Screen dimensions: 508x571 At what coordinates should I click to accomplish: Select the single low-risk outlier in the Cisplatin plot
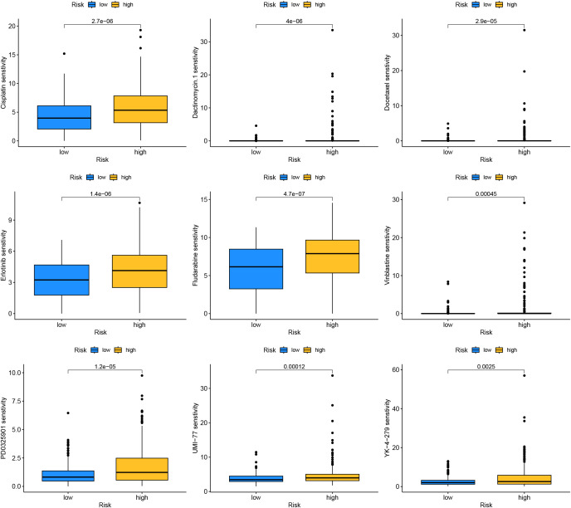point(63,54)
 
